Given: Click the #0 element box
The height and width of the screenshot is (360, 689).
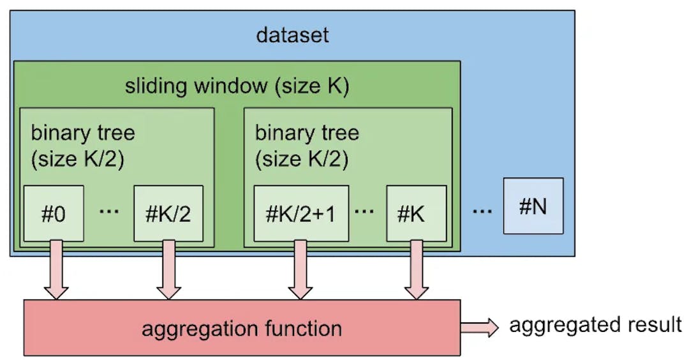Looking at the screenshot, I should (x=54, y=213).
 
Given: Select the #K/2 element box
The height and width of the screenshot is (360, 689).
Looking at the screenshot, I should (x=168, y=213).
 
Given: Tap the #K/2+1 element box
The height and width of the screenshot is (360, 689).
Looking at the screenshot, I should (x=301, y=213).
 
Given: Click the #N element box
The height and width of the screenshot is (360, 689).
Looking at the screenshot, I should (x=533, y=206).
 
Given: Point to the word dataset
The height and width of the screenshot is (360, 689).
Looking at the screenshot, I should (x=292, y=34).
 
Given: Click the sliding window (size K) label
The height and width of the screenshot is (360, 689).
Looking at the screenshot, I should (x=237, y=86).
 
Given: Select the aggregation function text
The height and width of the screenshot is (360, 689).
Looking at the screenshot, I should (x=242, y=329).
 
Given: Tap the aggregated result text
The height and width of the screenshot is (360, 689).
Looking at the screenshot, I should (x=595, y=325).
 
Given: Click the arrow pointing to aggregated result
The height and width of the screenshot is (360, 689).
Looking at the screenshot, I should (x=480, y=327).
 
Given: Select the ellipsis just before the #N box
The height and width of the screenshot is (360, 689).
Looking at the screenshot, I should (x=482, y=210).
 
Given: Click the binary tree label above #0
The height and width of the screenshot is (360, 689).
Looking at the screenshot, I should (x=83, y=133).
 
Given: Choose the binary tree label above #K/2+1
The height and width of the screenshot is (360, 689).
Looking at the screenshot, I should (x=307, y=133).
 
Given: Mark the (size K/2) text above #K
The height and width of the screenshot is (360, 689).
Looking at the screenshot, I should (x=302, y=160).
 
